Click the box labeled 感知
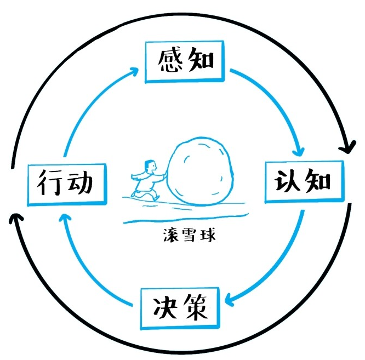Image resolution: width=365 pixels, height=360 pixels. tap(185, 60)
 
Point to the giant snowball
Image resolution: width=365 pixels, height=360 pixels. tap(200, 172)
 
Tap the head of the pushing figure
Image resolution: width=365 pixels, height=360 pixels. tap(147, 165)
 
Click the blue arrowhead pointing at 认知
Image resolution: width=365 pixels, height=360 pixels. tap(299, 151)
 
